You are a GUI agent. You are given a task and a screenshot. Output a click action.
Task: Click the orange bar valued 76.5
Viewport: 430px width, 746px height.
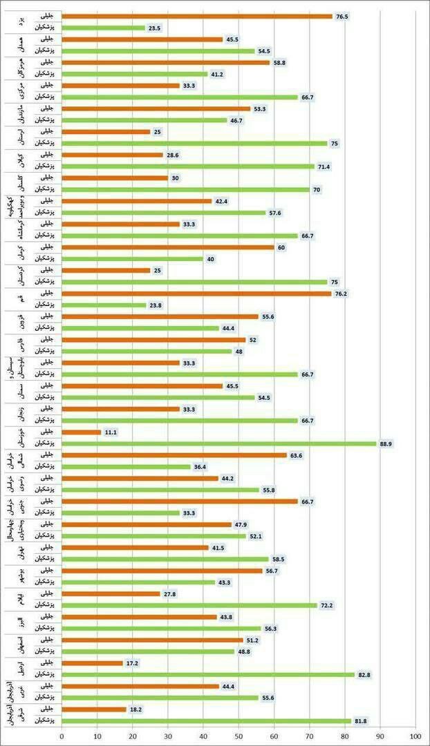pyautogui.click(x=197, y=16)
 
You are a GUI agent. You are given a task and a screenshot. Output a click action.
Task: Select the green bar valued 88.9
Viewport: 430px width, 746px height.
pyautogui.click(x=219, y=443)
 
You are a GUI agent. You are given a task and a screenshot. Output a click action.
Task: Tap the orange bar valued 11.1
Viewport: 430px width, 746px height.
pyautogui.click(x=82, y=432)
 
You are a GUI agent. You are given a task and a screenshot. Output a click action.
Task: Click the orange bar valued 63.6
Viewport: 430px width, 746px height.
pyautogui.click(x=174, y=455)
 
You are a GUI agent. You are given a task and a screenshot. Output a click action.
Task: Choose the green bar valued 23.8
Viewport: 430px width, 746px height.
pyautogui.click(x=104, y=305)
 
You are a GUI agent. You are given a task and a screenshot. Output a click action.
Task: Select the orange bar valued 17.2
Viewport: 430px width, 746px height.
pyautogui.click(x=92, y=663)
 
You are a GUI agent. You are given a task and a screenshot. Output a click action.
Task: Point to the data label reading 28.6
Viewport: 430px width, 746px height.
pyautogui.click(x=174, y=155)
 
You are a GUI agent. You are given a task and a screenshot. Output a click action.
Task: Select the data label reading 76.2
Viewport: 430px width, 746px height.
pyautogui.click(x=342, y=294)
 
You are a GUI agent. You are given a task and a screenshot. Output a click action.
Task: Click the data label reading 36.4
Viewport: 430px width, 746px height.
pyautogui.click(x=201, y=467)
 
